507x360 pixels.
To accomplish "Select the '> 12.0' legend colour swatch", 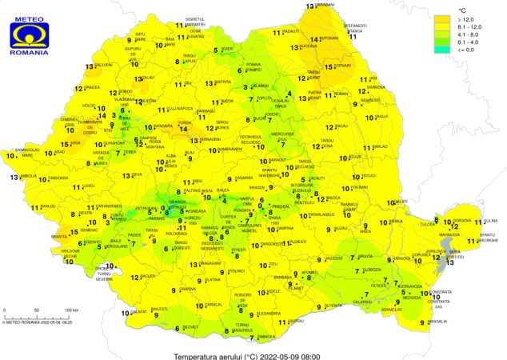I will (444, 18).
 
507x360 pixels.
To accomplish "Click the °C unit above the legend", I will (462, 9).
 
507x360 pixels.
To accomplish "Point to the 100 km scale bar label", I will (71, 310).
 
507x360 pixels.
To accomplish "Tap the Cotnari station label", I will (343, 65).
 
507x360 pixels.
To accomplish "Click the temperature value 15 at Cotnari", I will (329, 67).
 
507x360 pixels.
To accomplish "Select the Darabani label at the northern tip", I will (325, 5).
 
